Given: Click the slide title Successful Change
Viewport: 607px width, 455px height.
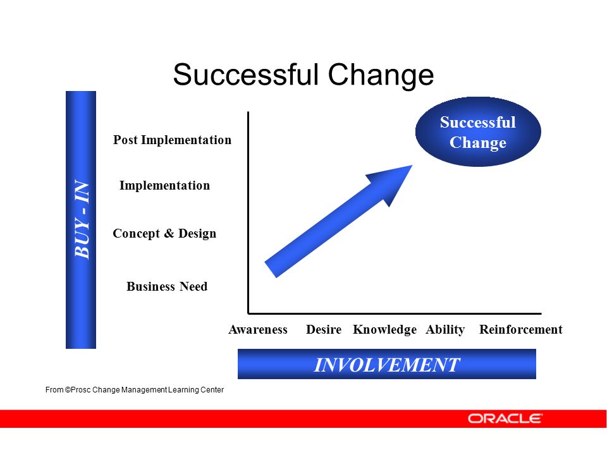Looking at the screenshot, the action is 303,75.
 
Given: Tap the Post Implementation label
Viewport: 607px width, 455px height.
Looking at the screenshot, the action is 172,140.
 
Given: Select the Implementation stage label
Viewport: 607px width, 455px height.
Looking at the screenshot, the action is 164,185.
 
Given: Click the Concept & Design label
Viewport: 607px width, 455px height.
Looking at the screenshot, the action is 164,233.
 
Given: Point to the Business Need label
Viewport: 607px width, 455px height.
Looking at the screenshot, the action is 167,286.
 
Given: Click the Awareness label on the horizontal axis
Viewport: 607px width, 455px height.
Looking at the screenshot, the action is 258,329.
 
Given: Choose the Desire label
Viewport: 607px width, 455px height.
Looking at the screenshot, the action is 324,329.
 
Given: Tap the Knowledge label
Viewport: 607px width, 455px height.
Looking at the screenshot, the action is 385,329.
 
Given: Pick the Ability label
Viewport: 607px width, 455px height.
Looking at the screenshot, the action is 445,329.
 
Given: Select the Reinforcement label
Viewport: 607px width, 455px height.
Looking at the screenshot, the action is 520,329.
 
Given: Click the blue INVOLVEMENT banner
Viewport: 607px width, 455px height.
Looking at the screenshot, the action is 387,364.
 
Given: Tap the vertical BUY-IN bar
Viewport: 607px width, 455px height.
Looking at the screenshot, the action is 81,220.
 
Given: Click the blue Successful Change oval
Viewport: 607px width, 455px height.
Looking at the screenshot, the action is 478,132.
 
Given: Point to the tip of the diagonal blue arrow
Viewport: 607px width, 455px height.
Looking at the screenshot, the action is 412,165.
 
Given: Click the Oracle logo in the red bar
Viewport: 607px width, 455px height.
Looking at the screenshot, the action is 505,418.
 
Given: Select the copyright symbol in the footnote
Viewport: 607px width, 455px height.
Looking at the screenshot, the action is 68,390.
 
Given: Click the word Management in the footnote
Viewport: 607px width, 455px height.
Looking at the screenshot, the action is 144,390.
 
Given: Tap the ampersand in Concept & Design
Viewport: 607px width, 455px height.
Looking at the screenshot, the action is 169,233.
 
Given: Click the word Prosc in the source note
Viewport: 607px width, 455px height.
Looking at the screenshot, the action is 80,390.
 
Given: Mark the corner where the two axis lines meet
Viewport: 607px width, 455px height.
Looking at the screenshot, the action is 248,313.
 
